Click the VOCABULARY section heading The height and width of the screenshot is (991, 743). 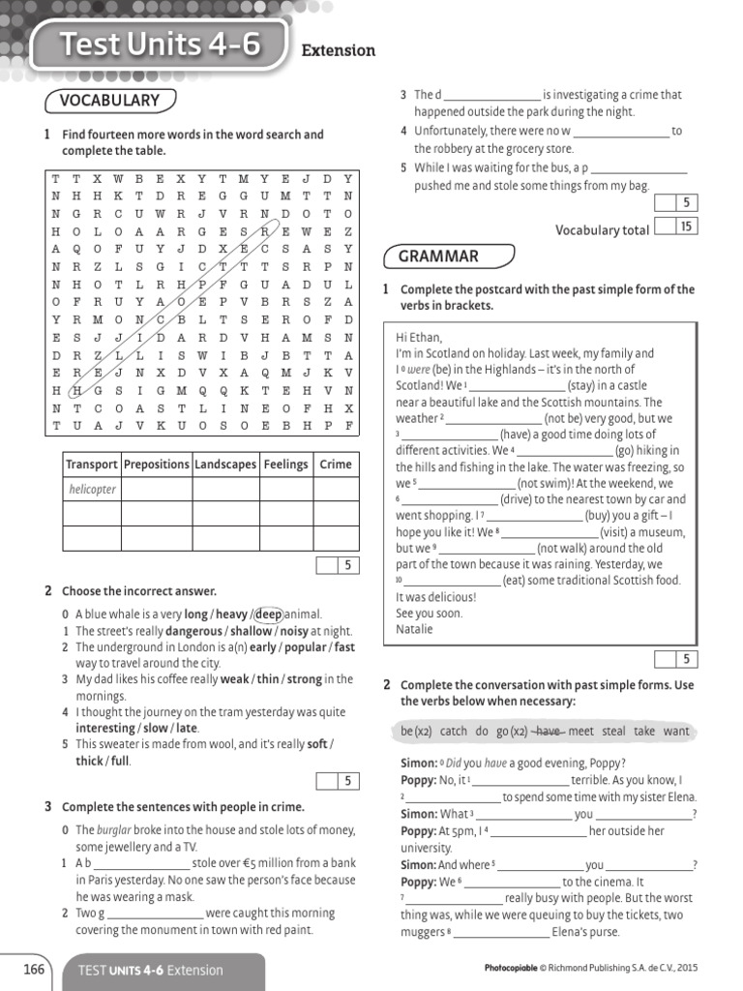[109, 101]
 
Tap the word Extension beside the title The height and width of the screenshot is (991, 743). [339, 50]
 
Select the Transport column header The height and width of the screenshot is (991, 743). [91, 465]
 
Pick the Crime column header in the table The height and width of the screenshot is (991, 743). [336, 465]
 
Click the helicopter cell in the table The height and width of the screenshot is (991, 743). [92, 490]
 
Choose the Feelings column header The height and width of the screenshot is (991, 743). [284, 465]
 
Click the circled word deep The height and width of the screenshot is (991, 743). [269, 615]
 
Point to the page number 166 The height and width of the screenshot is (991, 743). [34, 969]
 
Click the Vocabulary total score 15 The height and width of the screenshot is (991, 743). [686, 226]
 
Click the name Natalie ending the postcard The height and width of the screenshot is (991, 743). [415, 629]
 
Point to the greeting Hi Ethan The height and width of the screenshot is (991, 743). [419, 338]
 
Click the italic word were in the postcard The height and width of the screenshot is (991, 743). [418, 371]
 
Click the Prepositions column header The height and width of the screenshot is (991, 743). [157, 465]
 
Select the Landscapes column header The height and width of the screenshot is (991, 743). [225, 465]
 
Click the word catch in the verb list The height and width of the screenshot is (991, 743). [453, 732]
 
